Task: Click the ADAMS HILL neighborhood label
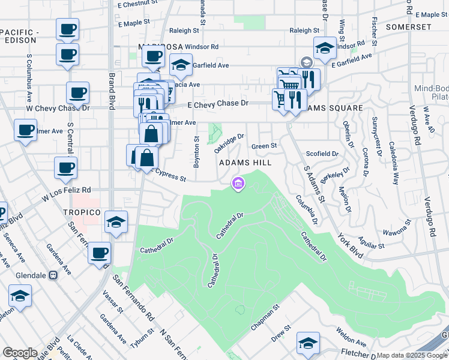[245, 163]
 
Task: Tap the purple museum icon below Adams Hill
[238, 183]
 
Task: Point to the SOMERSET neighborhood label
[409, 27]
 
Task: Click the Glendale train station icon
[53, 275]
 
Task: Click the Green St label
[264, 146]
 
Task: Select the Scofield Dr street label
[322, 154]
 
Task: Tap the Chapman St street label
[265, 318]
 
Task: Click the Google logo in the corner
[20, 353]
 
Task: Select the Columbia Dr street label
[306, 208]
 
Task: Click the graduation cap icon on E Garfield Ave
[324, 48]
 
